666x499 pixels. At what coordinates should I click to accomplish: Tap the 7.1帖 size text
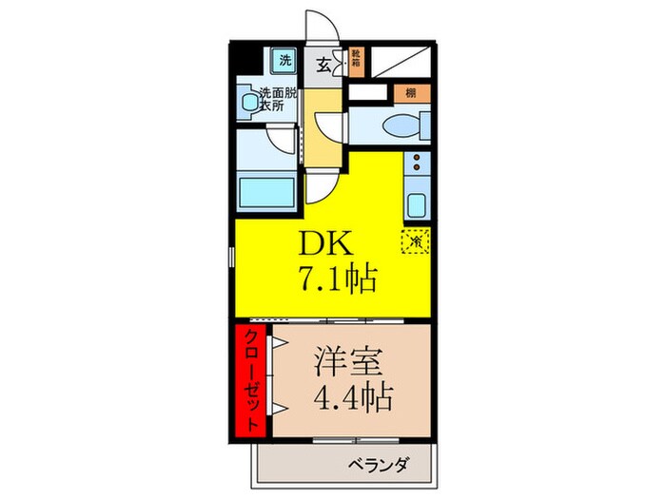[x=341, y=279]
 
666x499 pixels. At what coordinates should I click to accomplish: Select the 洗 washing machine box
[x=284, y=60]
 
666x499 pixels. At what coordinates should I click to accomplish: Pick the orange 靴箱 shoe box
[x=356, y=61]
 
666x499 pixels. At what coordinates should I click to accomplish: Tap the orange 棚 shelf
[x=409, y=93]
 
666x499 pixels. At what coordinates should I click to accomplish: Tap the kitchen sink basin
[x=417, y=204]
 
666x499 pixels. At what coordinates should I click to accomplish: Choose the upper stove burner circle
[x=416, y=169]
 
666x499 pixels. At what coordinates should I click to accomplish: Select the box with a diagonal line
[x=401, y=61]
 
